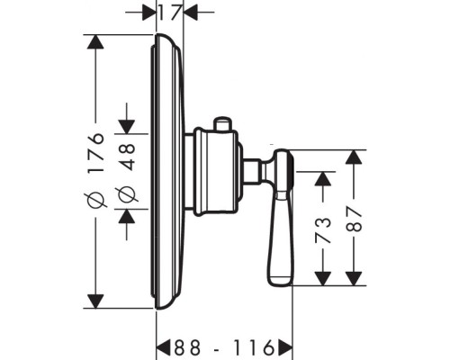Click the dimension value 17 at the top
170,13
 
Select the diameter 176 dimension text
95,169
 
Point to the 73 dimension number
323,230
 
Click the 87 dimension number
354,219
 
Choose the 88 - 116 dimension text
224,347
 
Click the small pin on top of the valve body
221,124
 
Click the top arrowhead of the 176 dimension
95,41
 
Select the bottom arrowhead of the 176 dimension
95,301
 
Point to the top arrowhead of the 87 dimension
354,157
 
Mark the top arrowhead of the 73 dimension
323,179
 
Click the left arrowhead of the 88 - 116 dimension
164,347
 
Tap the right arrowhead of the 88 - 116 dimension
285,347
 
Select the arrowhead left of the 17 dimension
149,13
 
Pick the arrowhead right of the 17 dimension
190,13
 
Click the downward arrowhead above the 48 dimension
126,127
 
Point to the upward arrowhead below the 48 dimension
126,216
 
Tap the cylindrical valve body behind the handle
216,172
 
